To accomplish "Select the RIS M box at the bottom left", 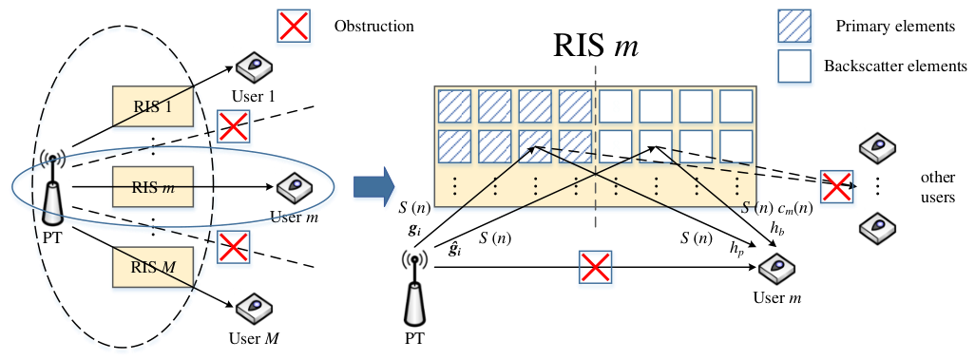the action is click(152, 268).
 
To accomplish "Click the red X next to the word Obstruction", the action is click(295, 26).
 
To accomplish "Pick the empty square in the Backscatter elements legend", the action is click(794, 66).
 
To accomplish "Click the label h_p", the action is click(737, 249).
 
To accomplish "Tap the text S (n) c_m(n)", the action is click(777, 210).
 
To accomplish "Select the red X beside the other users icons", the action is click(837, 186).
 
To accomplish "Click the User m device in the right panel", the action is click(776, 269).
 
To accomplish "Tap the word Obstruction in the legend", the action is click(374, 27).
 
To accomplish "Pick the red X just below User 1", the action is click(233, 127).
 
